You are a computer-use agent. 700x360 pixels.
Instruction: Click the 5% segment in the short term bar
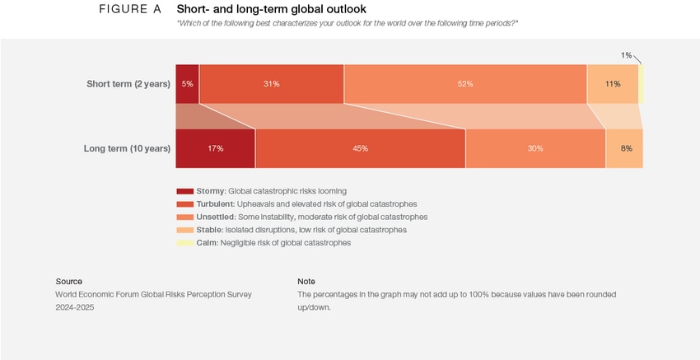187,84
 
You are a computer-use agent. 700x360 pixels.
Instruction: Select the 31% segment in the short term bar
271,84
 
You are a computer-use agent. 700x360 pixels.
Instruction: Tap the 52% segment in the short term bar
465,84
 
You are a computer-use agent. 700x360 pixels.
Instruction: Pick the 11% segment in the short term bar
612,84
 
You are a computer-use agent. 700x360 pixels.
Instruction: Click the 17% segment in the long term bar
215,148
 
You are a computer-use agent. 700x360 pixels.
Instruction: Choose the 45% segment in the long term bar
360,148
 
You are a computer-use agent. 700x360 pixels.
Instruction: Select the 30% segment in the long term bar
535,148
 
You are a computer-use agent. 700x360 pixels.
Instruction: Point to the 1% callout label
626,55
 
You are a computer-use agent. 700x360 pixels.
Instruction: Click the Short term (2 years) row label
128,84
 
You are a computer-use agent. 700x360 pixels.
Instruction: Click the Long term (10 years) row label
127,148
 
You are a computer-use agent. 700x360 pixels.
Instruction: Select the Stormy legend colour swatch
184,191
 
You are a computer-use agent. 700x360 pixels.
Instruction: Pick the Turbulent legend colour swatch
184,204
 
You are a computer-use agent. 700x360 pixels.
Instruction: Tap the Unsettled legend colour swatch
184,217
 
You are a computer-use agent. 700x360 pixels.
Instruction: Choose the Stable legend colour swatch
184,230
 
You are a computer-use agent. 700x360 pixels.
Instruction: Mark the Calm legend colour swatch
184,243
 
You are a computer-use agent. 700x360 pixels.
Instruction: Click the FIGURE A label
129,9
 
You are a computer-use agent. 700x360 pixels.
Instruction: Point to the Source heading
68,281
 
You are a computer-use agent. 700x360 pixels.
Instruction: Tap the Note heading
306,281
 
